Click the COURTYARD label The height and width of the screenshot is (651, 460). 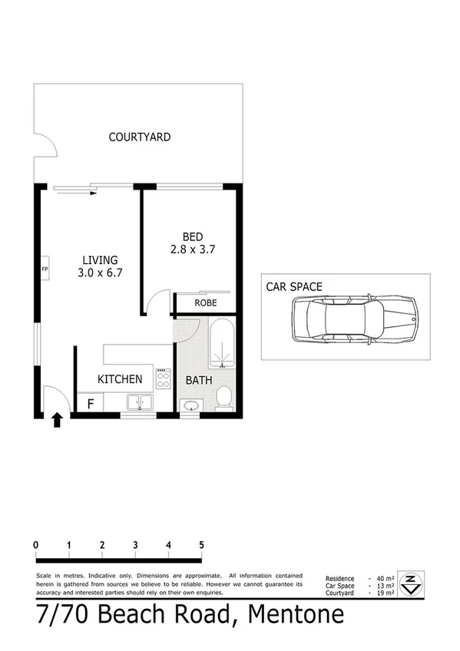pos(139,137)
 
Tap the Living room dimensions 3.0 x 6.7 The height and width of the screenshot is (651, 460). pos(101,273)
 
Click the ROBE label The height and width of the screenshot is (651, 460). pos(205,303)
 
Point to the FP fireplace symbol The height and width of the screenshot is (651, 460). pos(45,269)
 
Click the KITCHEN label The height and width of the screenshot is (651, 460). pos(119,379)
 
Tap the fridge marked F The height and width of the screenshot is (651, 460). pos(90,402)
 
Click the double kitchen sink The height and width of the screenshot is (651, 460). pos(139,402)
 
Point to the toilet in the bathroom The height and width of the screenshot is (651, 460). pos(223,398)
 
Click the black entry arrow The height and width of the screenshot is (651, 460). pos(58,421)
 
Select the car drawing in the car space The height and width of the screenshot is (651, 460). pos(354,317)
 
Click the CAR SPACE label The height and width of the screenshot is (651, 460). pos(294,287)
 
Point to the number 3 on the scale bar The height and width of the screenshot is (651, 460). pos(135,545)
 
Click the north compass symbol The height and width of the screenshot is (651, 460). pos(412,583)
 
